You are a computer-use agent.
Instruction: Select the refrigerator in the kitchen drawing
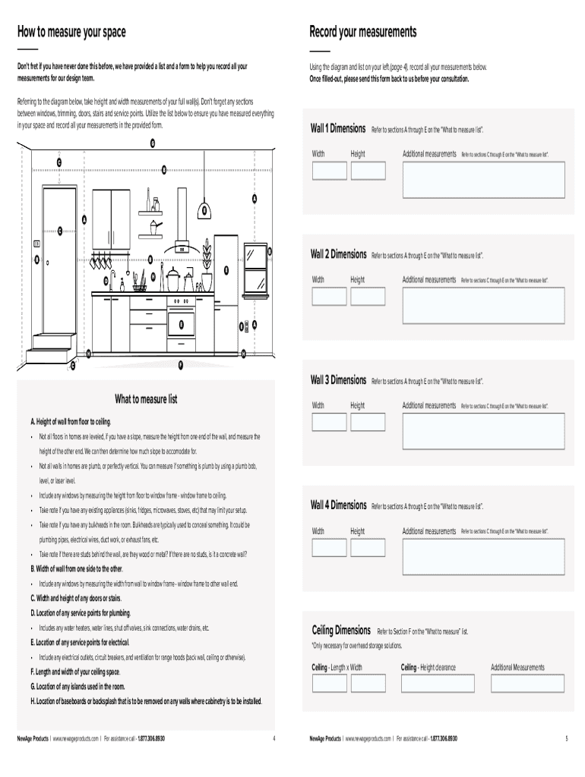pyautogui.click(x=226, y=292)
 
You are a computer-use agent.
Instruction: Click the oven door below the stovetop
pyautogui.click(x=182, y=325)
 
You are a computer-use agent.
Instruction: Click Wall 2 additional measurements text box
pyautogui.click(x=483, y=305)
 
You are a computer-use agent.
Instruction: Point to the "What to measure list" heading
pyautogui.click(x=146, y=399)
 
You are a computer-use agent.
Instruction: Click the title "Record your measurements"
pyautogui.click(x=362, y=32)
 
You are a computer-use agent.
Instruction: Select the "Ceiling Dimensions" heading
pyautogui.click(x=341, y=631)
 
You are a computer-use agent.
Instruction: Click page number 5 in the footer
pyautogui.click(x=566, y=738)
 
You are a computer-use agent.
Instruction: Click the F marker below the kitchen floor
pyautogui.click(x=181, y=366)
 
